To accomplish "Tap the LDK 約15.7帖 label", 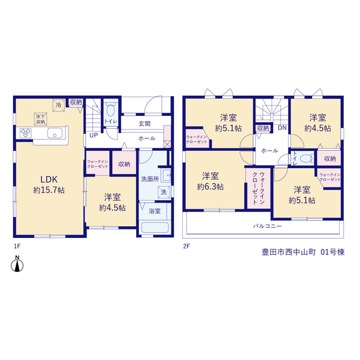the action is point(49,184).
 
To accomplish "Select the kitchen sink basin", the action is point(55,133).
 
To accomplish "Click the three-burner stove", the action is point(25,133).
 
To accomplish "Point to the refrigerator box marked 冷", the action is point(58,105).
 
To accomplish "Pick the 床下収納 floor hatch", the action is point(40,119).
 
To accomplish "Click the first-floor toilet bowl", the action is point(111,110).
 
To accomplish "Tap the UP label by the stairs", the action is point(93,136).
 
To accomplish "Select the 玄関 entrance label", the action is point(145,124).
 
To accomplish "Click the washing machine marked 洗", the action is point(164,192).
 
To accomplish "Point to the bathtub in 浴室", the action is point(155,227).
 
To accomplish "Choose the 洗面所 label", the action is point(150,179).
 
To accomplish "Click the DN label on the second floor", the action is point(282,128).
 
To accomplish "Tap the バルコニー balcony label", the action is point(268,226).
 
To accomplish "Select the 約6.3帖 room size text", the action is point(210,187).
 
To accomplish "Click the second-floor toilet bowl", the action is point(306,159).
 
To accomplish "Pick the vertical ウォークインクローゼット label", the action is point(259,188).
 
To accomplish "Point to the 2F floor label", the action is point(186,246).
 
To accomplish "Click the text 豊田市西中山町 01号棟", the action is point(303,253).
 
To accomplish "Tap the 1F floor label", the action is point(17,246).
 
